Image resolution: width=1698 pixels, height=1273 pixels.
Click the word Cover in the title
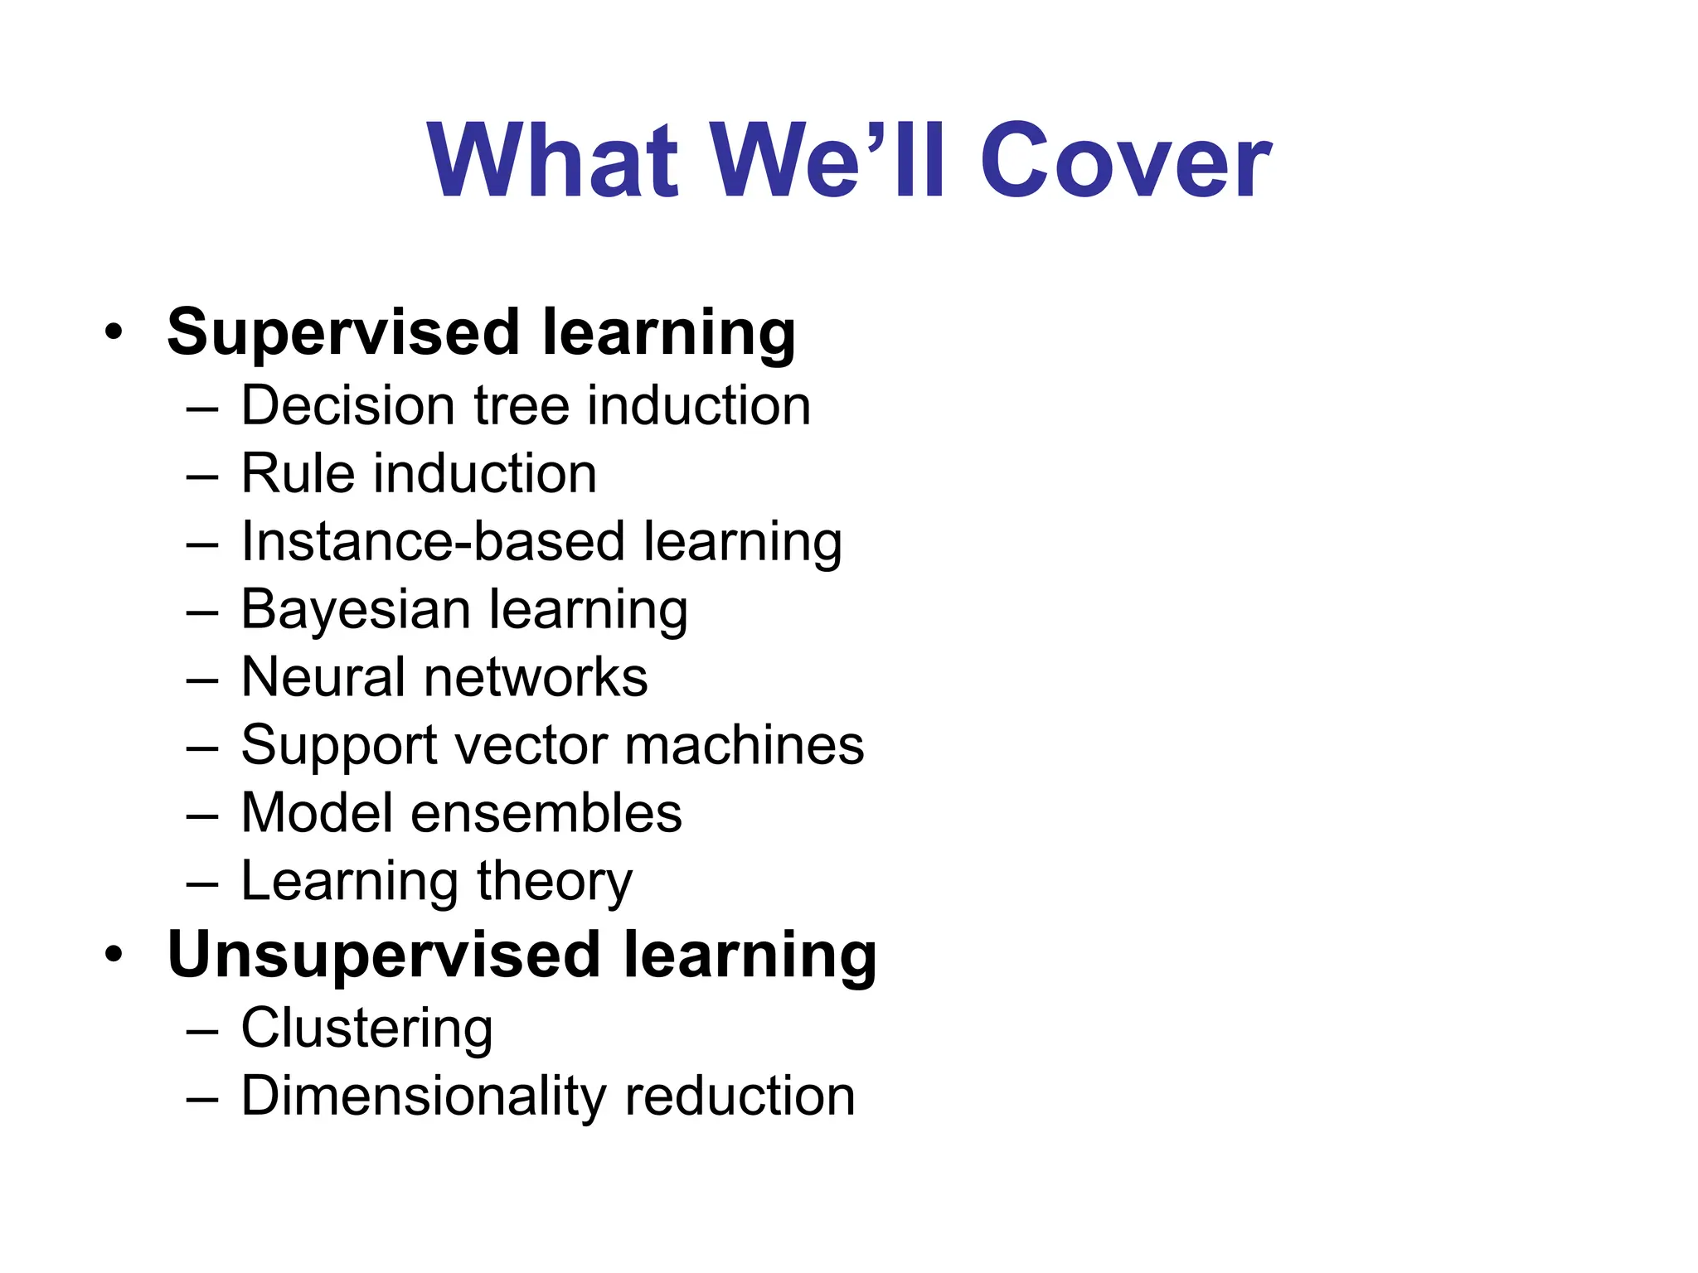1125,161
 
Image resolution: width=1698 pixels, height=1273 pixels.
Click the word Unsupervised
383,956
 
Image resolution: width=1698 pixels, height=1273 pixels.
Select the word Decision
347,406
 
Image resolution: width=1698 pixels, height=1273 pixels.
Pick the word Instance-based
433,542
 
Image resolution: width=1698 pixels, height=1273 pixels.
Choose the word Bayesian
356,611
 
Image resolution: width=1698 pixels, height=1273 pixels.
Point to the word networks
536,678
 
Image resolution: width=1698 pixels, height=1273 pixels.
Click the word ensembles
546,813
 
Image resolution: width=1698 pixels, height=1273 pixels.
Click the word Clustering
366,1029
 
